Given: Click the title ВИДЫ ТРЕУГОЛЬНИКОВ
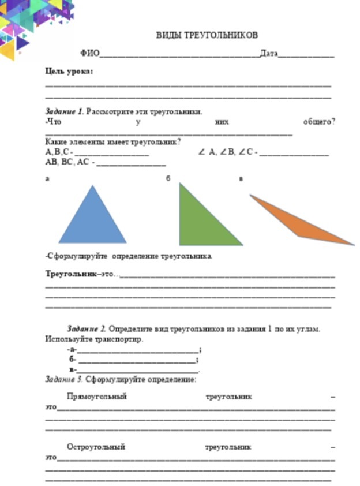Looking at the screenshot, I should (207, 35).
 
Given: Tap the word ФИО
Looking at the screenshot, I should (89, 54).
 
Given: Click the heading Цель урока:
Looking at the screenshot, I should (69, 72).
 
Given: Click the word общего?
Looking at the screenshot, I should (319, 121).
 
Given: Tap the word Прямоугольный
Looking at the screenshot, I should (96, 397).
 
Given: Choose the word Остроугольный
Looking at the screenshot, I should (96, 447).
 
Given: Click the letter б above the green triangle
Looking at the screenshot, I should (168, 178).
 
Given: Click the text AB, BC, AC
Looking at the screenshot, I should (67, 162).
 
